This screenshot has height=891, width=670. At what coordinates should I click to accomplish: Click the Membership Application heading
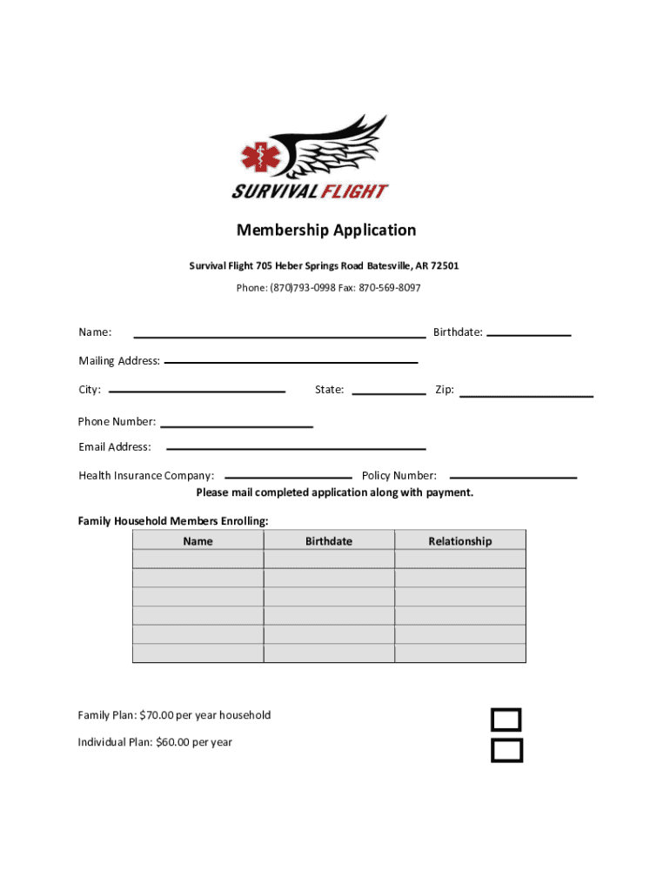pos(326,230)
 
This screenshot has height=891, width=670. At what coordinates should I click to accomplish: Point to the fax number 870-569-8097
pos(389,288)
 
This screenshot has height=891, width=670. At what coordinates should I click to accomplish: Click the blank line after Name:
pos(278,334)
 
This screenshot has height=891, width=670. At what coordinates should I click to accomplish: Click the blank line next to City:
pos(197,391)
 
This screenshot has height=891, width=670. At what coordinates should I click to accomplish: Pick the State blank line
pos(388,392)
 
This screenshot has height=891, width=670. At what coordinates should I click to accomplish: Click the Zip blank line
pos(526,395)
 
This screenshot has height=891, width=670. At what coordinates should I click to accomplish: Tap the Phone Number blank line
pos(237,425)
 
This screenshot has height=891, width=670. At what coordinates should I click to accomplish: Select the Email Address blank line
pos(296,447)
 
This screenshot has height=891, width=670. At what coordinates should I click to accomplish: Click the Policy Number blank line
pos(513,477)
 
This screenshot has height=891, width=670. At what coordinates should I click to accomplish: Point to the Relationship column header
pos(459,541)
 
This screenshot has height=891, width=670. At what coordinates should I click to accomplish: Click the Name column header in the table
pos(198,541)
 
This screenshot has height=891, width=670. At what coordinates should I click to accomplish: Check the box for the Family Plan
pos(506,720)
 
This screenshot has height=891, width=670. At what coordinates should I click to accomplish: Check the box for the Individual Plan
pos(506,750)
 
